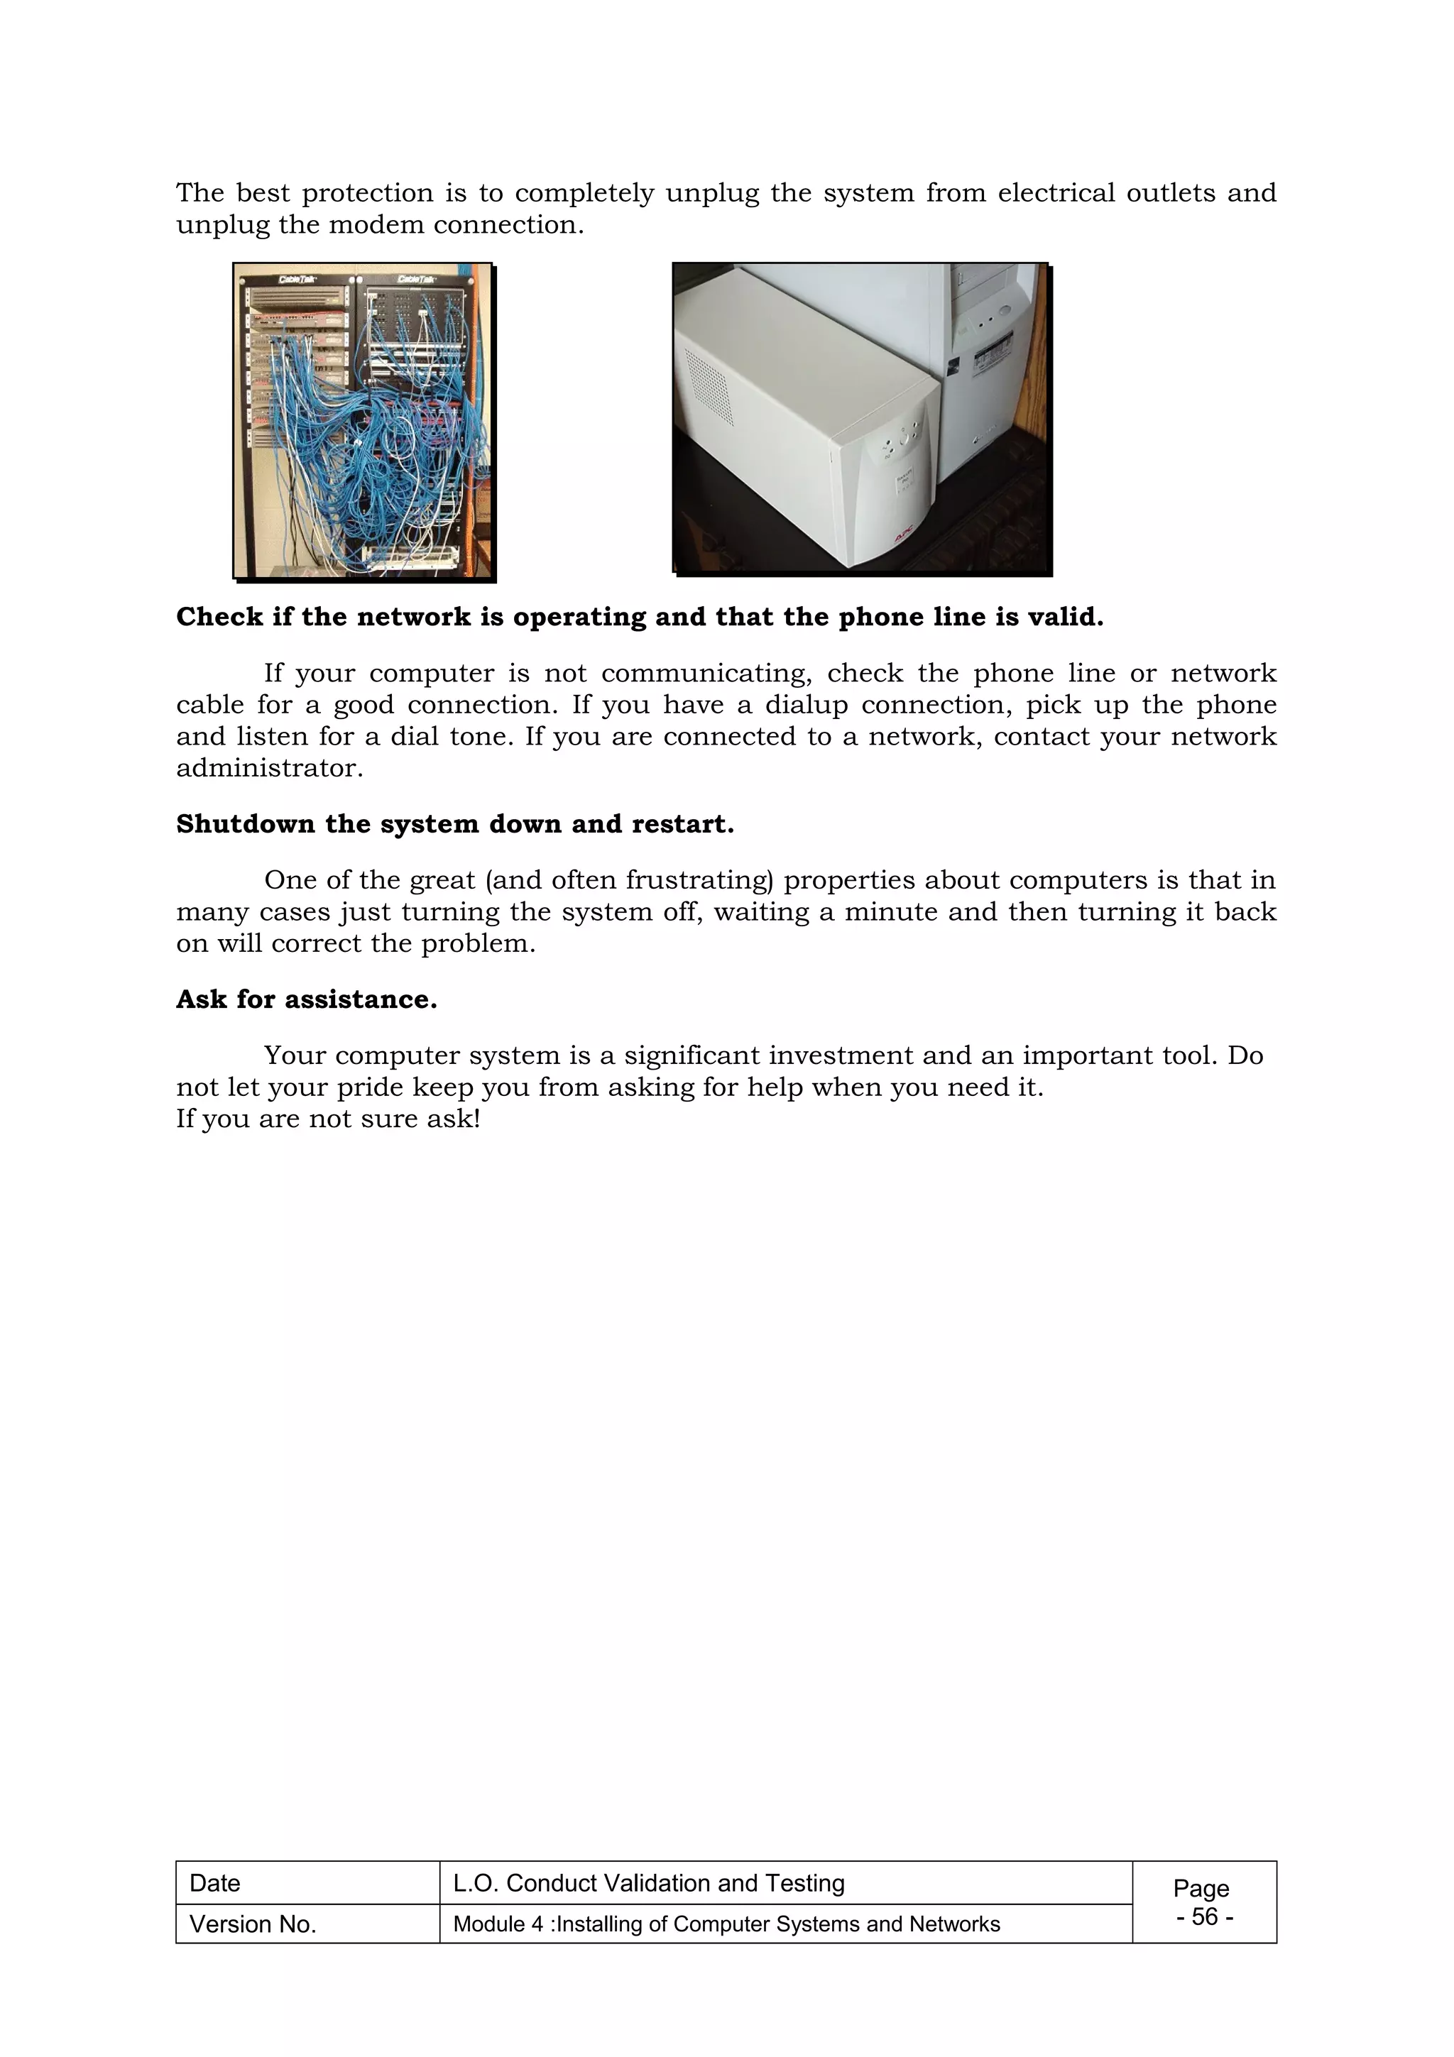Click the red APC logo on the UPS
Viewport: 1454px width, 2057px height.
click(900, 537)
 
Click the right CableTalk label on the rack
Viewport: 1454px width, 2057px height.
click(416, 279)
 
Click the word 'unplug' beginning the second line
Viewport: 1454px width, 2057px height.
click(209, 225)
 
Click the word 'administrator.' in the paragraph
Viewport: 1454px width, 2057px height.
click(270, 768)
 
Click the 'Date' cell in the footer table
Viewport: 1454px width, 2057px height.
click(215, 1883)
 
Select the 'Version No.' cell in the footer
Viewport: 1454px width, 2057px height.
click(253, 1924)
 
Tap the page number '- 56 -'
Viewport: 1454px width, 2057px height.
click(1204, 1916)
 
